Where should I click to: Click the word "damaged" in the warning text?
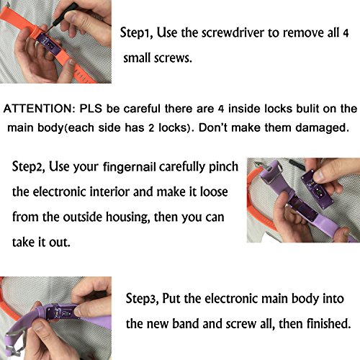click(x=322, y=127)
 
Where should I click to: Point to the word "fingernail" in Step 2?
click(x=130, y=167)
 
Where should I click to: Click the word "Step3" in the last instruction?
click(x=142, y=299)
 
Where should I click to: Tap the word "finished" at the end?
click(x=329, y=323)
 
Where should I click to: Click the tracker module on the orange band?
click(x=50, y=45)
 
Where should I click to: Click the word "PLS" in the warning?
click(x=91, y=109)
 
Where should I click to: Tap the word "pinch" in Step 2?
click(x=223, y=167)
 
